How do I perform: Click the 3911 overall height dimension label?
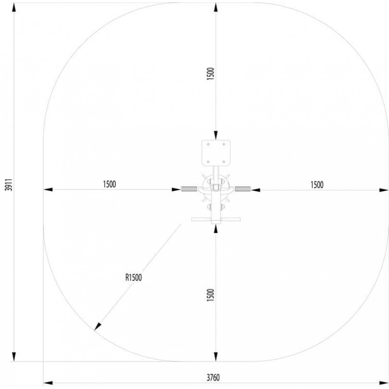pos(9,184)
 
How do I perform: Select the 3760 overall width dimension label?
pos(213,377)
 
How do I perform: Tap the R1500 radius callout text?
pos(133,277)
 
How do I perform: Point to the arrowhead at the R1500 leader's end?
pos(98,326)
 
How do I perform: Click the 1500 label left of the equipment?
pos(109,184)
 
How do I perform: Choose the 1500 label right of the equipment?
pos(317,185)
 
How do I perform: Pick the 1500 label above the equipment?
pos(210,73)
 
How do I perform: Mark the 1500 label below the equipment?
pos(210,295)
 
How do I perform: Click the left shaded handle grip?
pos(189,189)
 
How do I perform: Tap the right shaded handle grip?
pos(243,189)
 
